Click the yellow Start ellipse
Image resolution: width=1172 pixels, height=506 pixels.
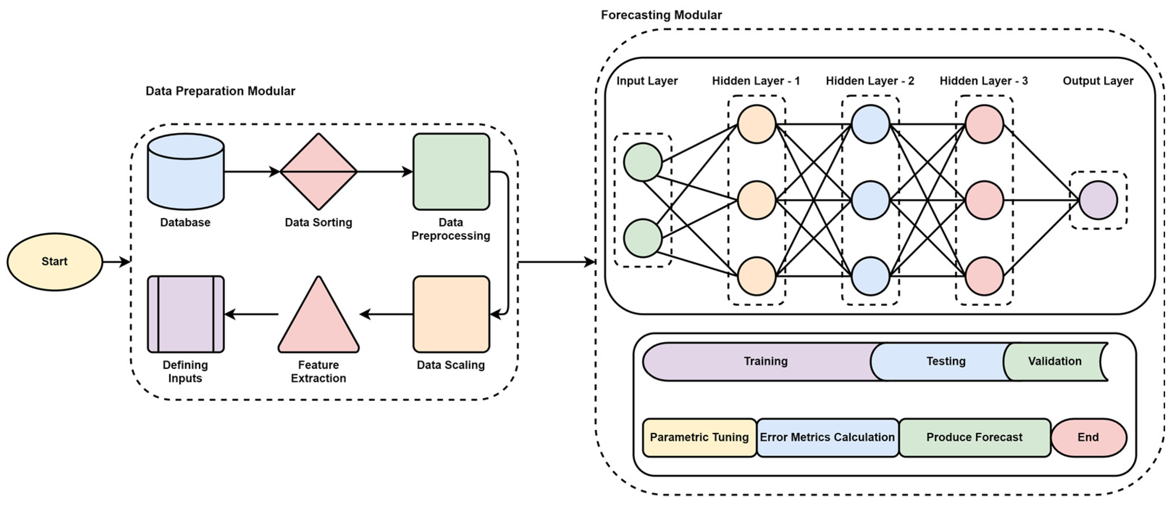click(55, 262)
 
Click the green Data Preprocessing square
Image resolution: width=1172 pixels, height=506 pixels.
click(451, 172)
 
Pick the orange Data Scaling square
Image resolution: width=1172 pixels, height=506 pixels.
click(451, 314)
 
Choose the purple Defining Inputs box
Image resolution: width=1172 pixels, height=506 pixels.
click(186, 314)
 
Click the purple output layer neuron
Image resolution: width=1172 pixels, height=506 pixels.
click(1098, 200)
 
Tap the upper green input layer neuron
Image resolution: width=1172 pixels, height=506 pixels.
click(642, 162)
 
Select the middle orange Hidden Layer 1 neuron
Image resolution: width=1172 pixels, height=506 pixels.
click(756, 200)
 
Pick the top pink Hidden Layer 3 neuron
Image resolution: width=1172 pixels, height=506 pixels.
click(984, 124)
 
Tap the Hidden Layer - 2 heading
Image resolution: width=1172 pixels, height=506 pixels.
click(870, 81)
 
